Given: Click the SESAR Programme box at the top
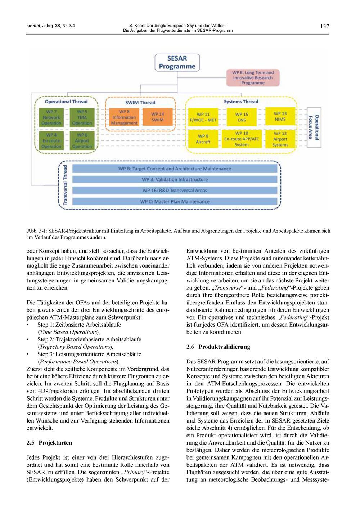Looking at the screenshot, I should [177, 62].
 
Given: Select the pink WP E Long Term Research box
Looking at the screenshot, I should [253, 77].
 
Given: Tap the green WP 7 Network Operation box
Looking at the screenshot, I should [51, 117].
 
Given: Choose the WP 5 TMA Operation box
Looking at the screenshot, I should [82, 117].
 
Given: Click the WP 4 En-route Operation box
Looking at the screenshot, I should [51, 140].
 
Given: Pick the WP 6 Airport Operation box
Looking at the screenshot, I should [82, 140].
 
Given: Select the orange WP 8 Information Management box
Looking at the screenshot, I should [124, 117].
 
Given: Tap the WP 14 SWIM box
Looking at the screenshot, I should [157, 117].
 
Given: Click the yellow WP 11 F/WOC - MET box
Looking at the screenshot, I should [203, 117].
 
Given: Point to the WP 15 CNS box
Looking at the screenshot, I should [242, 117].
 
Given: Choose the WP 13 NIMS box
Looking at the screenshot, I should [280, 116].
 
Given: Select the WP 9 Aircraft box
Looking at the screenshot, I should [203, 139].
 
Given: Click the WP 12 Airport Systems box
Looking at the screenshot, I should [280, 139].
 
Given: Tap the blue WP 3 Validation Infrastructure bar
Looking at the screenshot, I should [175, 179].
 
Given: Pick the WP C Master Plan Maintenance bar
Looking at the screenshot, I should [175, 202].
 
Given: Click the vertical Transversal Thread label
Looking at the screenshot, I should [65, 185].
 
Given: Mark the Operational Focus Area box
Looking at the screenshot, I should [314, 127].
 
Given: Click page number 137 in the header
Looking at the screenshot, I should [324, 26].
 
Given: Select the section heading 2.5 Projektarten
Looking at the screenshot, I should [49, 443].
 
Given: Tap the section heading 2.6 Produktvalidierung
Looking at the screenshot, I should [218, 347].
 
